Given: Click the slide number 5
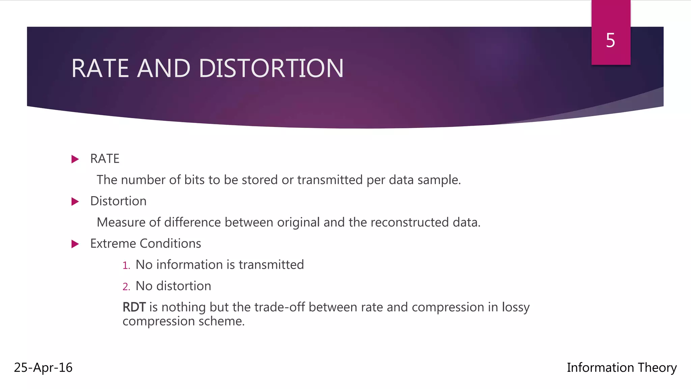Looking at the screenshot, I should coord(610,41).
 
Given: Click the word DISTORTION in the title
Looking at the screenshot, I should coord(271,69).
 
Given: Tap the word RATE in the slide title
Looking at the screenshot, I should coord(100,69).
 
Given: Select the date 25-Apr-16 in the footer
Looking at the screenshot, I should coord(43,367).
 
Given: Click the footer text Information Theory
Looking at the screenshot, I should coord(621,367).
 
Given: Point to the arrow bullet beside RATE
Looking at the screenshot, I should coord(75,159).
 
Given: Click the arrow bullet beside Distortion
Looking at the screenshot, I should coord(75,202).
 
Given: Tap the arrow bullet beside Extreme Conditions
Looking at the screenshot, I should coord(75,244).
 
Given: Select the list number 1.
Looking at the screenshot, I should coord(126,265).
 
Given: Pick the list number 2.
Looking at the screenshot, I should coord(126,287).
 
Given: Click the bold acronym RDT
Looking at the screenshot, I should coord(134,307).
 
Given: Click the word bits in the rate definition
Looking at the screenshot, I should coord(194,180).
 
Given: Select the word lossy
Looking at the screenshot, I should coord(516,307).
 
